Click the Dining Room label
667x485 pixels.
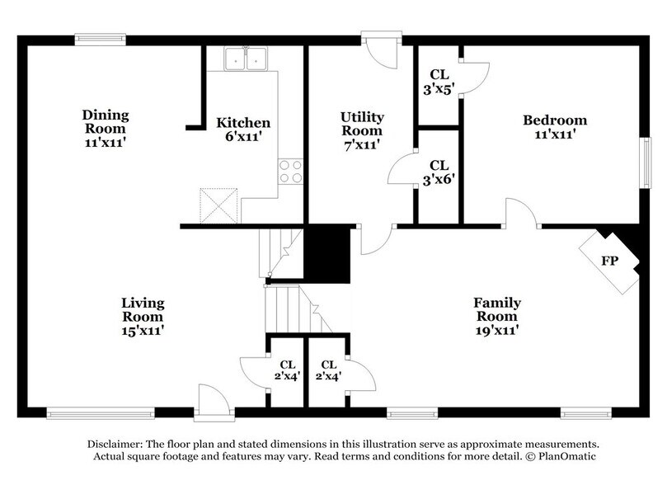[x=105, y=128]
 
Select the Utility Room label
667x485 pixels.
[x=362, y=130]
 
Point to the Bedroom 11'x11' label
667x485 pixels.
[x=548, y=125]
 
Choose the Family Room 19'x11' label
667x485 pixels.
[x=496, y=316]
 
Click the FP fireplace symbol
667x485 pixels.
[x=609, y=261]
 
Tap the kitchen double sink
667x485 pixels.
[x=247, y=59]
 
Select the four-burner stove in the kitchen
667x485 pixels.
[x=290, y=172]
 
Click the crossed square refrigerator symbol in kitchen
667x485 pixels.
[x=218, y=203]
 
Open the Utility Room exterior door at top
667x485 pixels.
[x=380, y=51]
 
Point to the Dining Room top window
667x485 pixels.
[x=100, y=37]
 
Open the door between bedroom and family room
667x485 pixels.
[x=522, y=214]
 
